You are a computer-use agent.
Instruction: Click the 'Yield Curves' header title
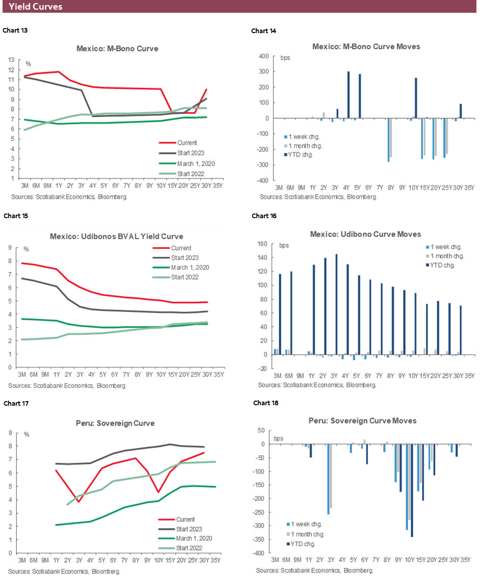point(36,7)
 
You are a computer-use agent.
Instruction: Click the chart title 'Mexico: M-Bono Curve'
point(117,49)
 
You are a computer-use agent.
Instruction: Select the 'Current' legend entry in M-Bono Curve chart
point(188,143)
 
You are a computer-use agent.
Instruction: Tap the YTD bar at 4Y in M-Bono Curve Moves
point(349,95)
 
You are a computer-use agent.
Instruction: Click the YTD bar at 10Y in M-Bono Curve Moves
point(416,98)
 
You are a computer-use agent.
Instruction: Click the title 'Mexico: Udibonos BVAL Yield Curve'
point(116,236)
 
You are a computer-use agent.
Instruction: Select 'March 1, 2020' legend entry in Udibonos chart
point(190,268)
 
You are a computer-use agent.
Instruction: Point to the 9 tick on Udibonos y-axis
point(10,248)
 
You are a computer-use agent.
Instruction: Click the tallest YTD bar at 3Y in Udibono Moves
point(336,304)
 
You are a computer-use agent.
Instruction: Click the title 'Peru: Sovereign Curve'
point(118,424)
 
